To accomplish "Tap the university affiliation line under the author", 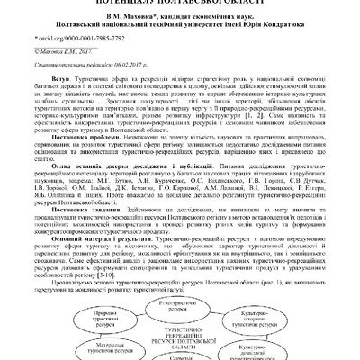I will [x=180, y=28].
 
